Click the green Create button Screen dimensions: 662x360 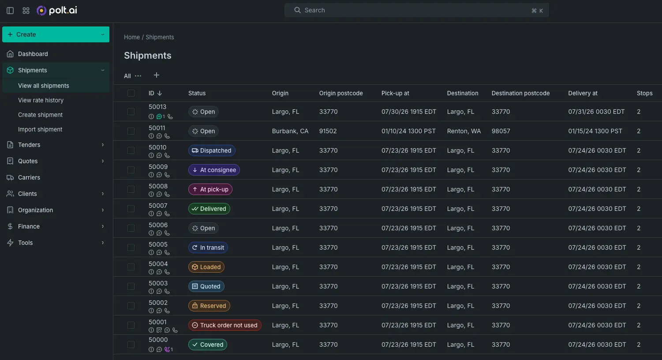coord(56,34)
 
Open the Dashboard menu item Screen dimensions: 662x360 coord(33,54)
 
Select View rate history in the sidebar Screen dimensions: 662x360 coord(41,100)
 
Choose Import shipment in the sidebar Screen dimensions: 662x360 coord(40,129)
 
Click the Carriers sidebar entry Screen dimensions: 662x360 coord(29,177)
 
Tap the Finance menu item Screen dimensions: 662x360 coord(29,226)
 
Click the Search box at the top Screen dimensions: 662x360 coord(417,10)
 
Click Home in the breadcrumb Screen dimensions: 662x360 coord(132,37)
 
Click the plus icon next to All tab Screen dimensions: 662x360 coord(157,75)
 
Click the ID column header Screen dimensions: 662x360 coord(151,93)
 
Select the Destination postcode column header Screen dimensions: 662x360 coord(520,93)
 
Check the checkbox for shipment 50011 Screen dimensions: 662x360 coord(131,131)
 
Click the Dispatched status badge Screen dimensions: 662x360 coord(212,150)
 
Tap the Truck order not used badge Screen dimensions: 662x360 coord(224,325)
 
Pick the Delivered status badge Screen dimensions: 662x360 coord(209,209)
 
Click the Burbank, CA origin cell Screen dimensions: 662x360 coord(290,131)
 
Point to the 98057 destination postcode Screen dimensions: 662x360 coord(501,131)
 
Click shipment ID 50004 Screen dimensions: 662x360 coord(158,264)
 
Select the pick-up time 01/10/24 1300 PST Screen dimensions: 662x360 coord(408,131)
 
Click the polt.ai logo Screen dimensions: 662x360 coord(57,10)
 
